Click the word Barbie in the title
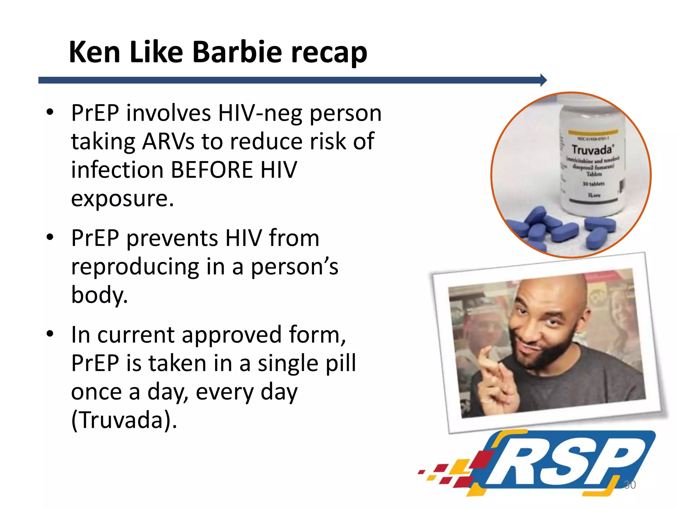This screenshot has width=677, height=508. click(x=237, y=52)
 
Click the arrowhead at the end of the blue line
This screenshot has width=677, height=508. click(x=543, y=80)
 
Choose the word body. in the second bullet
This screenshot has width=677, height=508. click(x=99, y=295)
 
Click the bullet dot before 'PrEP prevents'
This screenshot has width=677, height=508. click(x=50, y=237)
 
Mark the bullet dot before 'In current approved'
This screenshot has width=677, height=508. click(x=50, y=334)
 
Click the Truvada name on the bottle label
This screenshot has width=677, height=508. click(x=592, y=150)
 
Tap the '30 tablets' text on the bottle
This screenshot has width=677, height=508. click(x=593, y=184)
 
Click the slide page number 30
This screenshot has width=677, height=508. click(x=630, y=485)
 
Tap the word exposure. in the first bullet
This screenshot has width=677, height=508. click(x=122, y=199)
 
